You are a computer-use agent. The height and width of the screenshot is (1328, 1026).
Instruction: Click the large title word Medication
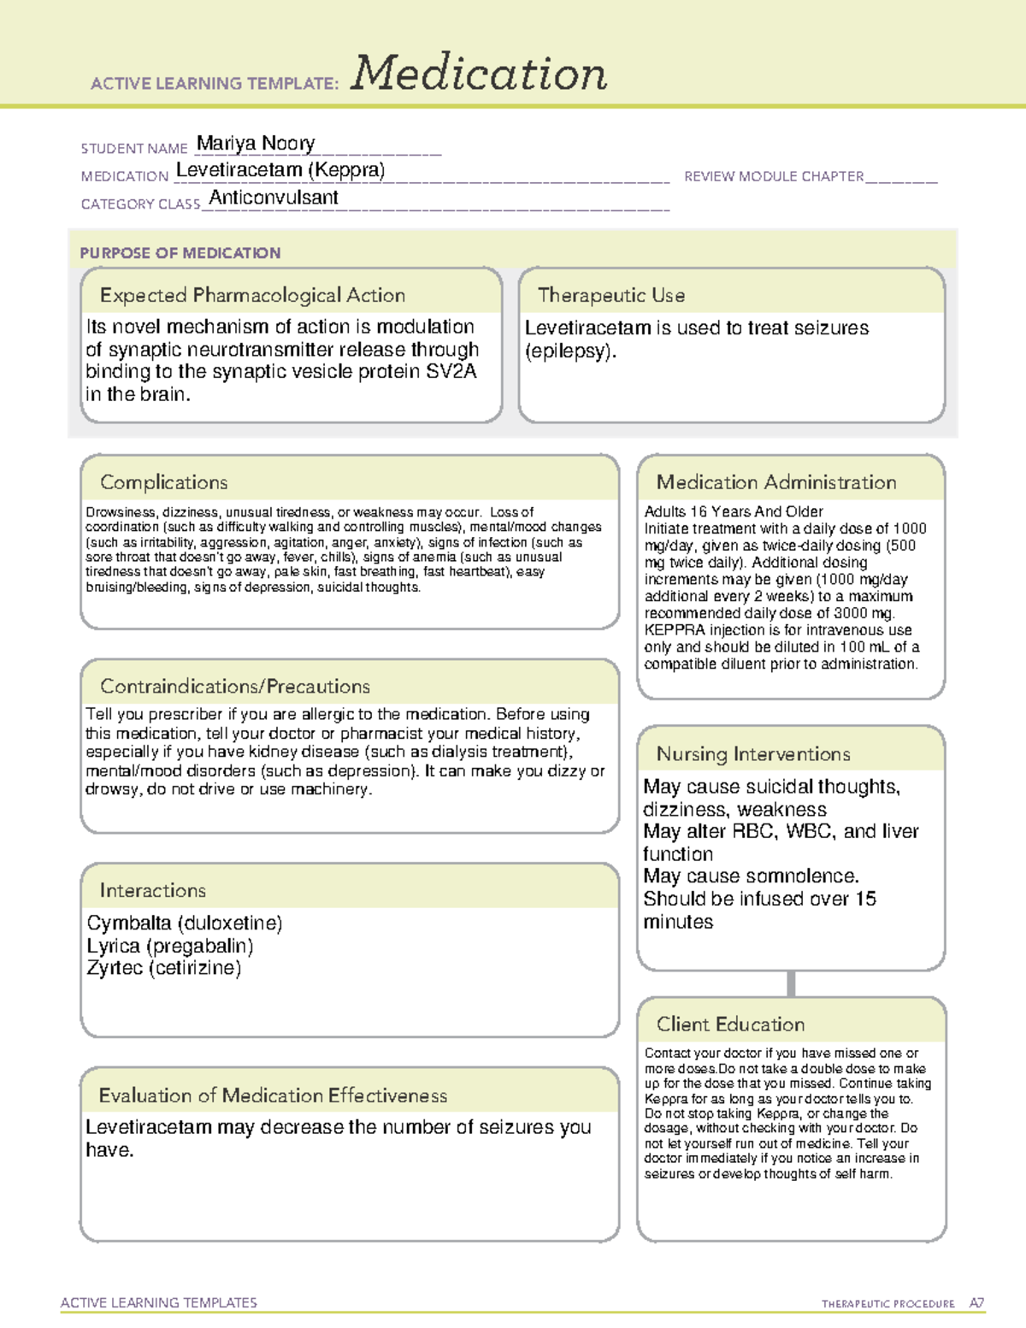[x=479, y=74]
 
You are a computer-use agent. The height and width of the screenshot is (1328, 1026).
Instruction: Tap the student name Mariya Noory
[x=256, y=143]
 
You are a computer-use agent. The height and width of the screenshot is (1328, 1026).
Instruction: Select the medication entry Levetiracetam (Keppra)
[x=280, y=170]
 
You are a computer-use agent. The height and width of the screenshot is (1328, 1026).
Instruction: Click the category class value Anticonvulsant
[x=274, y=198]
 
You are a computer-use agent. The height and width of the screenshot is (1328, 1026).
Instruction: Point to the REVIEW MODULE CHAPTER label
[x=774, y=176]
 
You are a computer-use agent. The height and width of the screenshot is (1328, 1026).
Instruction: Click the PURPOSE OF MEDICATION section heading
[x=180, y=253]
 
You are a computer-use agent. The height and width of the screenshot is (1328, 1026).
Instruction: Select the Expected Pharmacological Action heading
[x=252, y=295]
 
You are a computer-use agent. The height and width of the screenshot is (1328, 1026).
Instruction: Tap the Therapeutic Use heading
[x=611, y=295]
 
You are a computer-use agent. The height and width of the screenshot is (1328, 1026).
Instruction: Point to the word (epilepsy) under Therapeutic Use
[x=570, y=351]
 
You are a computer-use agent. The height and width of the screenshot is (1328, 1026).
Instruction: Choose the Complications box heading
[x=164, y=482]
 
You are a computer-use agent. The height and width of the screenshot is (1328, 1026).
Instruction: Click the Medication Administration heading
[x=776, y=482]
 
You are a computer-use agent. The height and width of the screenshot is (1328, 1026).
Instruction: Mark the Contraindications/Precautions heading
[x=235, y=686]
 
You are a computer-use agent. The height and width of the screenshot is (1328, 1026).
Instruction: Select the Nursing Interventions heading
[x=753, y=754]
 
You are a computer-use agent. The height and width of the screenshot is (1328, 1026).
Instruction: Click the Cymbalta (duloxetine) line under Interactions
[x=185, y=924]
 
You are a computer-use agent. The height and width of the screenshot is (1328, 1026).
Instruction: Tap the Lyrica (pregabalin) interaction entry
[x=170, y=946]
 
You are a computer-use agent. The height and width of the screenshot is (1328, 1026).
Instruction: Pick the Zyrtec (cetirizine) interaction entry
[x=164, y=968]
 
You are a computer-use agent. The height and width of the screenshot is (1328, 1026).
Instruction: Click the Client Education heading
[x=730, y=1024]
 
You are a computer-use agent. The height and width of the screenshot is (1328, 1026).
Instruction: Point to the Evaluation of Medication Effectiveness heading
[x=273, y=1095]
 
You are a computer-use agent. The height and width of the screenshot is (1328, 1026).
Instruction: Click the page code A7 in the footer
[x=976, y=1303]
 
